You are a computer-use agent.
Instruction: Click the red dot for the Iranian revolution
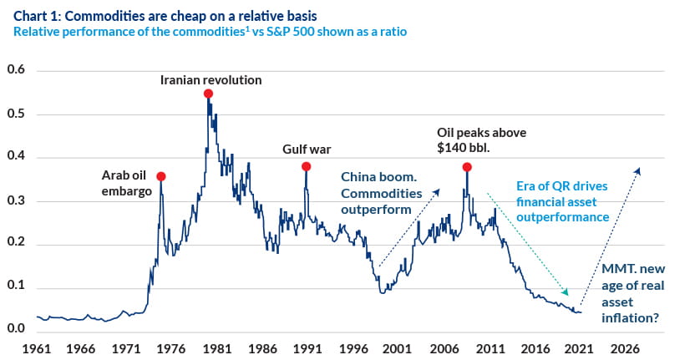pos(208,94)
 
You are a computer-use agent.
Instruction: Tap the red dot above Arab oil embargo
pos(161,176)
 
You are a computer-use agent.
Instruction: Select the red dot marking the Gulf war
pos(307,166)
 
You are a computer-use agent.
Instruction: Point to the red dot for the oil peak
pos(467,167)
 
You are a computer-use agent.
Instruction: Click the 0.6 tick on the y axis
pos(17,70)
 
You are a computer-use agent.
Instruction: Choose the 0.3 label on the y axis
pos(17,201)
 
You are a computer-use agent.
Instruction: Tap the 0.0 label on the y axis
pos(17,328)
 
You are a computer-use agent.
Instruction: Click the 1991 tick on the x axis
pos(307,347)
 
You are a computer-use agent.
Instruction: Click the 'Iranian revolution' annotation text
pos(211,80)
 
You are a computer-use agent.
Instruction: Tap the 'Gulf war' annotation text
pos(307,150)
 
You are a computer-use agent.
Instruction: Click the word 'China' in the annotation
pos(359,176)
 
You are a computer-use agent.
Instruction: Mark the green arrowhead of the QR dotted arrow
pos(566,292)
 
